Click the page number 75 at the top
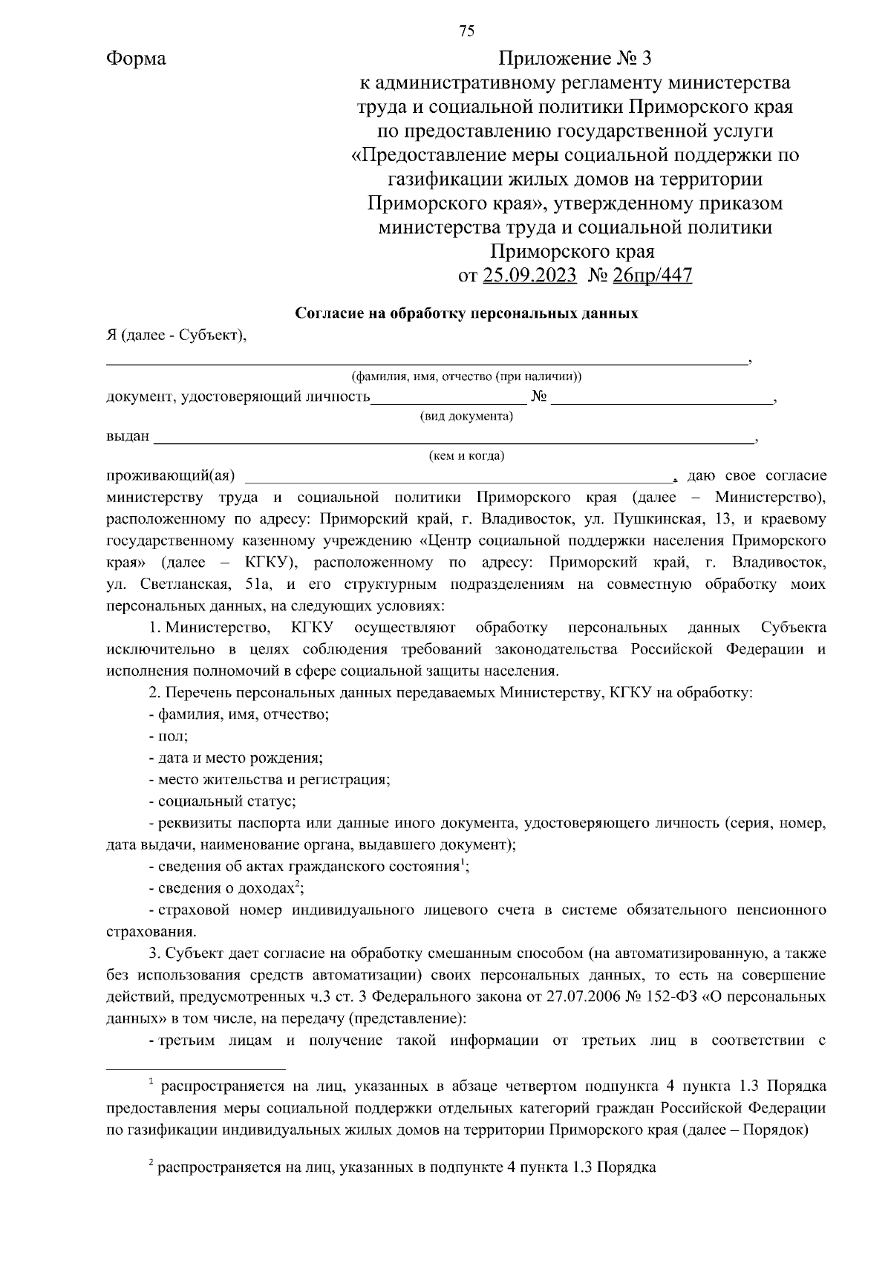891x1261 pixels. (466, 30)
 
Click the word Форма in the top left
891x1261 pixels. (136, 59)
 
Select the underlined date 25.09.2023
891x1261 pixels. (529, 276)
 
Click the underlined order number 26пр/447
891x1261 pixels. (652, 276)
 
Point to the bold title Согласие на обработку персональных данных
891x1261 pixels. (466, 313)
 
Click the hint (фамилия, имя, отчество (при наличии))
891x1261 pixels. (466, 377)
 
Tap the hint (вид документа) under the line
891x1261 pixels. (466, 416)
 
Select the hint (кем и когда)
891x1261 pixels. (466, 455)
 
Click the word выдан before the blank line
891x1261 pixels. (128, 436)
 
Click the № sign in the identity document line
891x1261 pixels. (539, 397)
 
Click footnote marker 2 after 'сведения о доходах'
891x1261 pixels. (297, 883)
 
